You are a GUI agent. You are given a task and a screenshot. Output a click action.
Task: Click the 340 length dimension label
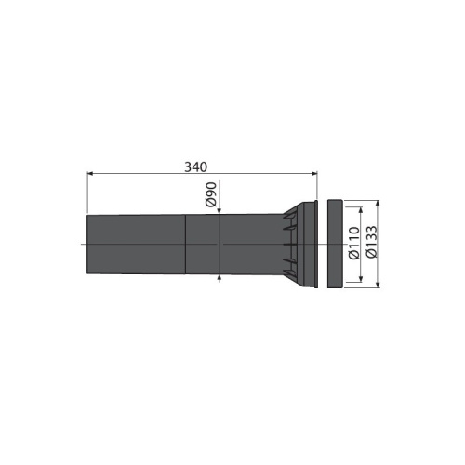(195, 167)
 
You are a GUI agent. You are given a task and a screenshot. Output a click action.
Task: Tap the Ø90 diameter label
(210, 194)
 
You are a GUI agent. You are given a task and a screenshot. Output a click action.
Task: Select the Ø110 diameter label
(353, 243)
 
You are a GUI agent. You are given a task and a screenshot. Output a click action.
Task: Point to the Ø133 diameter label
(372, 242)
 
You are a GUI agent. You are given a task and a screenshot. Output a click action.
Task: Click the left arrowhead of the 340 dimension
(90, 174)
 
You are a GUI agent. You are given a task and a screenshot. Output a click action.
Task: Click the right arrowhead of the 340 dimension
(314, 174)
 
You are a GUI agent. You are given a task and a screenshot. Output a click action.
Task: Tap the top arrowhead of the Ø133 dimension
(378, 204)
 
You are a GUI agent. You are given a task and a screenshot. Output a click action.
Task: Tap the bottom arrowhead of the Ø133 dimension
(378, 285)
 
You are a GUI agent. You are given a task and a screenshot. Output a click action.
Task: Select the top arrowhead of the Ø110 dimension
(361, 210)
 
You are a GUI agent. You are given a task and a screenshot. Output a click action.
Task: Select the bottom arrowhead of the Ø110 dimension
(361, 278)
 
